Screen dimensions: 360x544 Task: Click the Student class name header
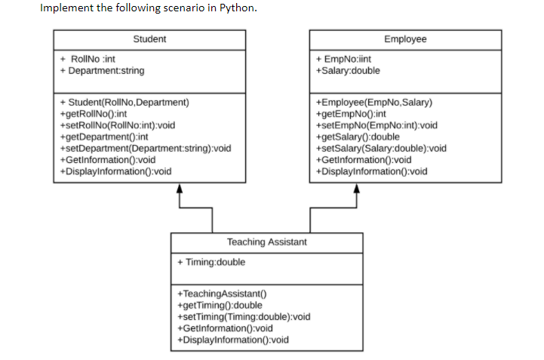(x=149, y=39)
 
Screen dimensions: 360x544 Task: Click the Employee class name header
(x=404, y=39)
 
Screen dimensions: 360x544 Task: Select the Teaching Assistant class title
(x=266, y=242)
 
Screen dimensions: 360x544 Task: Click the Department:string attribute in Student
(x=102, y=71)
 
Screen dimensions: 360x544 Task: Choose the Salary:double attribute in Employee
(x=348, y=71)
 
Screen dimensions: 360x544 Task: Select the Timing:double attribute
(x=211, y=263)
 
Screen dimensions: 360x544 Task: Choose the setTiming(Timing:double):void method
(x=243, y=317)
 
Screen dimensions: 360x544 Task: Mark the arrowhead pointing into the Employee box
(x=355, y=189)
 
